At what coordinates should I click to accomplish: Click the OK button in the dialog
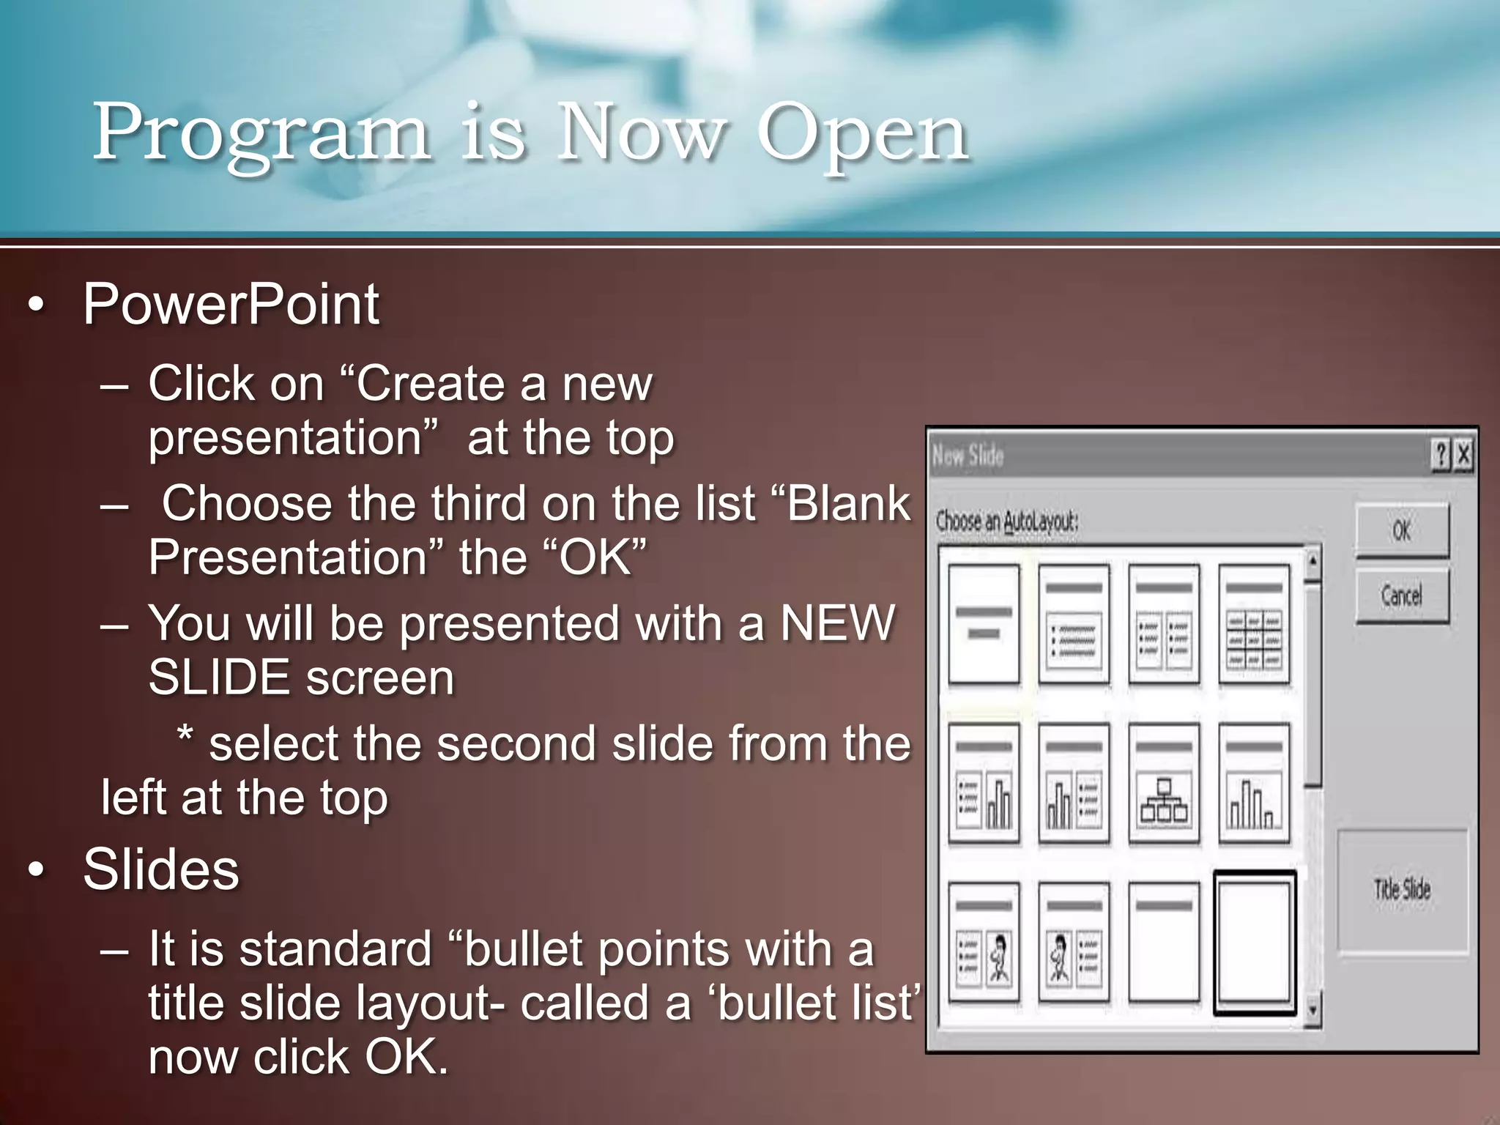[1401, 530]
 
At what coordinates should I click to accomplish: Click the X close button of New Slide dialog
[1463, 455]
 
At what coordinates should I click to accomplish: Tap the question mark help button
[1441, 455]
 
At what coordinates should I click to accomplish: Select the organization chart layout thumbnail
[1164, 783]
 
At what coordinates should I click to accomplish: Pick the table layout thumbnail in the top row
[1254, 624]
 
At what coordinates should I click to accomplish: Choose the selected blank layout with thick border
[1254, 942]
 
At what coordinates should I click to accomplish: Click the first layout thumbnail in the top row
[984, 624]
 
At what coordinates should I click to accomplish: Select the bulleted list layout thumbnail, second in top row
[1074, 624]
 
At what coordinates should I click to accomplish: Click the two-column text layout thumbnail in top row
[1164, 624]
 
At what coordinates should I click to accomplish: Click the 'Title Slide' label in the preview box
[1402, 890]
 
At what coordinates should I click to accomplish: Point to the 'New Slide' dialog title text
[968, 456]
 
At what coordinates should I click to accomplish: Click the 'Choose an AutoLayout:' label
[1007, 521]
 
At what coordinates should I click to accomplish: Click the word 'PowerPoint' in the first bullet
[231, 304]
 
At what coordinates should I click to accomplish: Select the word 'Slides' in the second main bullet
[161, 869]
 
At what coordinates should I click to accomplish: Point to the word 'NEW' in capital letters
[837, 623]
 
